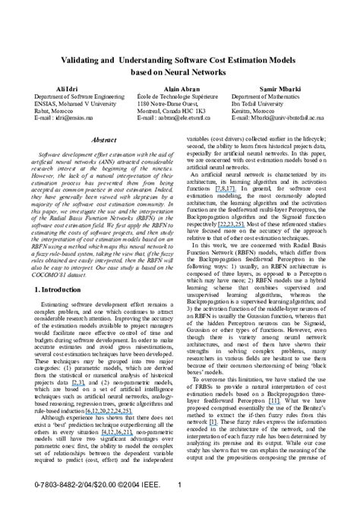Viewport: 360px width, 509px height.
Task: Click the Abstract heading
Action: pyautogui.click(x=103, y=141)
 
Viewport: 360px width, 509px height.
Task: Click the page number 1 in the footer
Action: pyautogui.click(x=180, y=485)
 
